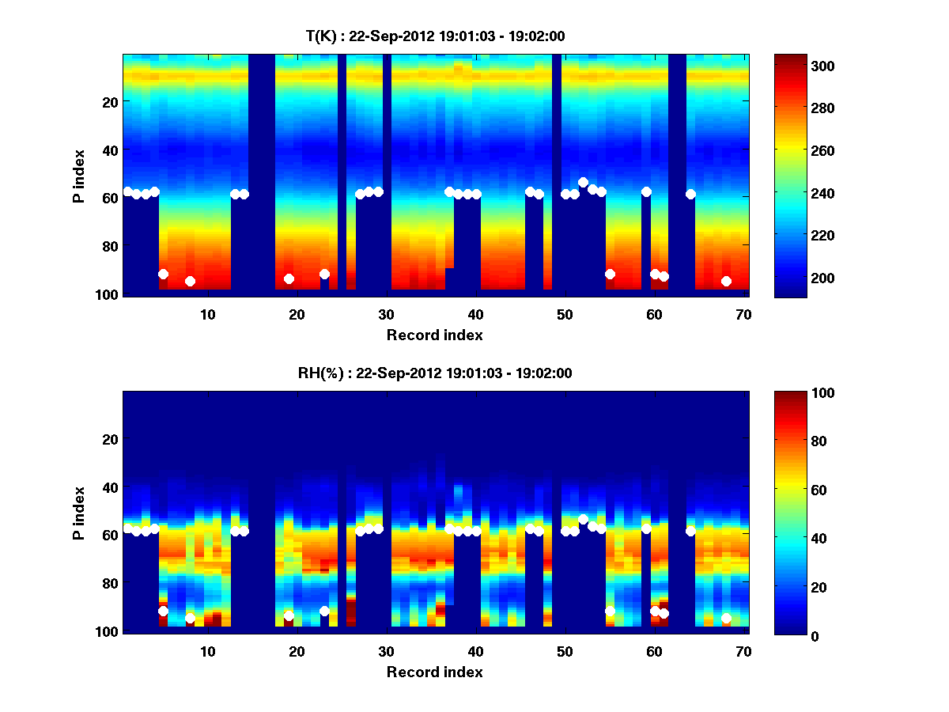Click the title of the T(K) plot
click(435, 36)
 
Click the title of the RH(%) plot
click(435, 373)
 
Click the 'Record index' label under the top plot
click(435, 335)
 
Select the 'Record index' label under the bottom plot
click(435, 672)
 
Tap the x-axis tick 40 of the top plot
click(475, 314)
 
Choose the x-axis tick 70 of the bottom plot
click(743, 651)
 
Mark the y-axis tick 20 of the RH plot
click(111, 439)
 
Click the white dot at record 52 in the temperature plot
click(583, 182)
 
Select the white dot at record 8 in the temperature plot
click(190, 281)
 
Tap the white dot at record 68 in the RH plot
click(726, 618)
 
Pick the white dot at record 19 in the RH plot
click(289, 615)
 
